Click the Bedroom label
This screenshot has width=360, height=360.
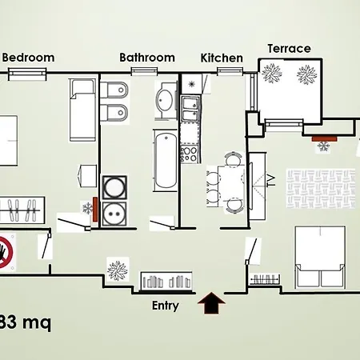pos(29,57)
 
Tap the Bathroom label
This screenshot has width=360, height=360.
pos(147,57)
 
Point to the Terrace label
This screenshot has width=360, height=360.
pos(289,48)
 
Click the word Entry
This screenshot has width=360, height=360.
pos(166,305)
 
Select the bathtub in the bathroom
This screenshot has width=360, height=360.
pos(165,160)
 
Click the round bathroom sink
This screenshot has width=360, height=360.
pos(165,100)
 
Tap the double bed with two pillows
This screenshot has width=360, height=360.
pos(320,256)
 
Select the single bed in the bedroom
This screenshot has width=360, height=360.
pos(83,108)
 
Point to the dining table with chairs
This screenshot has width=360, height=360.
pos(225,182)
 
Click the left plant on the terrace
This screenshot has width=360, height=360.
pos(272,74)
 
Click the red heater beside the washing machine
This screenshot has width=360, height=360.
pos(94,206)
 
